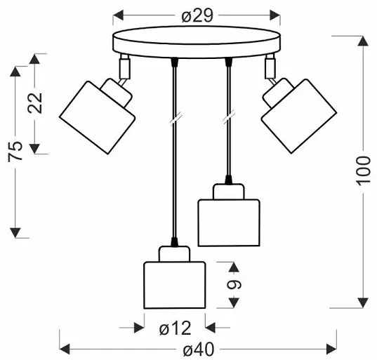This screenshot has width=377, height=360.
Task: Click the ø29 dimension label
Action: [x=197, y=16]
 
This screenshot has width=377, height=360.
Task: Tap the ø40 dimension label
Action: [x=199, y=349]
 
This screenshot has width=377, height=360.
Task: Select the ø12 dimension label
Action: [x=175, y=328]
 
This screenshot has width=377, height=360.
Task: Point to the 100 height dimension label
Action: [x=363, y=171]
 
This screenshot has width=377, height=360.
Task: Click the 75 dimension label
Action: [x=15, y=152]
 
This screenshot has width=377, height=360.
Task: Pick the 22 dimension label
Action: [x=35, y=103]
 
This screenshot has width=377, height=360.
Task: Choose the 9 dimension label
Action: [x=234, y=284]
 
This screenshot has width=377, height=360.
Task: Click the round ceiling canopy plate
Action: [x=197, y=42]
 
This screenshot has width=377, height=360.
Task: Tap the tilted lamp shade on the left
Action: [x=97, y=117]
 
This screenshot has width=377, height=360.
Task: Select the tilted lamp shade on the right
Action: [x=299, y=116]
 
